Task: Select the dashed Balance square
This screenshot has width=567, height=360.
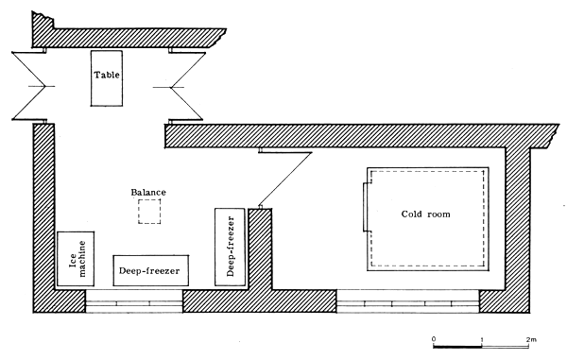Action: [x=148, y=212]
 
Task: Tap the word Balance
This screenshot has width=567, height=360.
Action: [x=148, y=193]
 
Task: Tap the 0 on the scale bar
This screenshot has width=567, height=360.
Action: [x=433, y=337]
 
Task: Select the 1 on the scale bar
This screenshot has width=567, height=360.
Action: [x=483, y=337]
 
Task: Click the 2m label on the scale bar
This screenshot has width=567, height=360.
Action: [x=531, y=337]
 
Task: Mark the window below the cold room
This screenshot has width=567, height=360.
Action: [x=407, y=301]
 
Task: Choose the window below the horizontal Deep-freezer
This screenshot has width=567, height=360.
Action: [x=133, y=301]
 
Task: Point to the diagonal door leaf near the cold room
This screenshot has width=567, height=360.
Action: [x=281, y=178]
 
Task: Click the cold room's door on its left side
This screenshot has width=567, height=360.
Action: [x=367, y=205]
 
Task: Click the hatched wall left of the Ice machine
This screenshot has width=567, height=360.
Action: [x=43, y=217]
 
